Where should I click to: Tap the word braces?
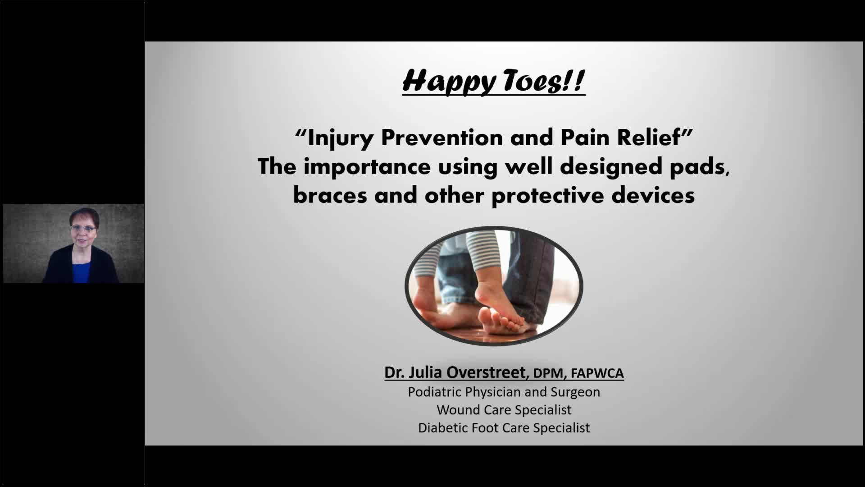pos(330,196)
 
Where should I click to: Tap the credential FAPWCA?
pos(597,373)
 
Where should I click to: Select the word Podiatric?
pos(435,392)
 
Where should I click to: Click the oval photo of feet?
pos(494,286)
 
